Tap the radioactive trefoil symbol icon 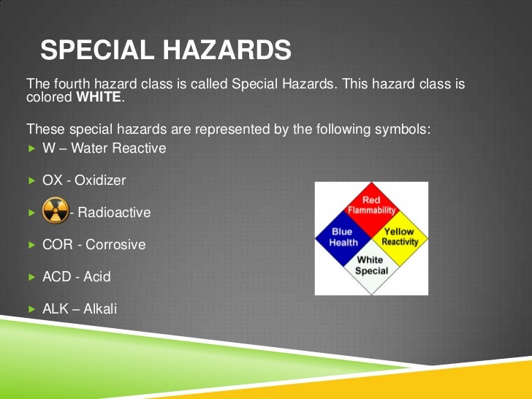[56, 212]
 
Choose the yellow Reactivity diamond [399, 237]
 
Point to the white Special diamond [371, 266]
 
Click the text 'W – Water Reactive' [104, 148]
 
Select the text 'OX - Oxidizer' [84, 180]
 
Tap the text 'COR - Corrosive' [94, 245]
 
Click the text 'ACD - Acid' [77, 277]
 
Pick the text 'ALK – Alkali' [80, 309]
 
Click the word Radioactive [114, 213]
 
